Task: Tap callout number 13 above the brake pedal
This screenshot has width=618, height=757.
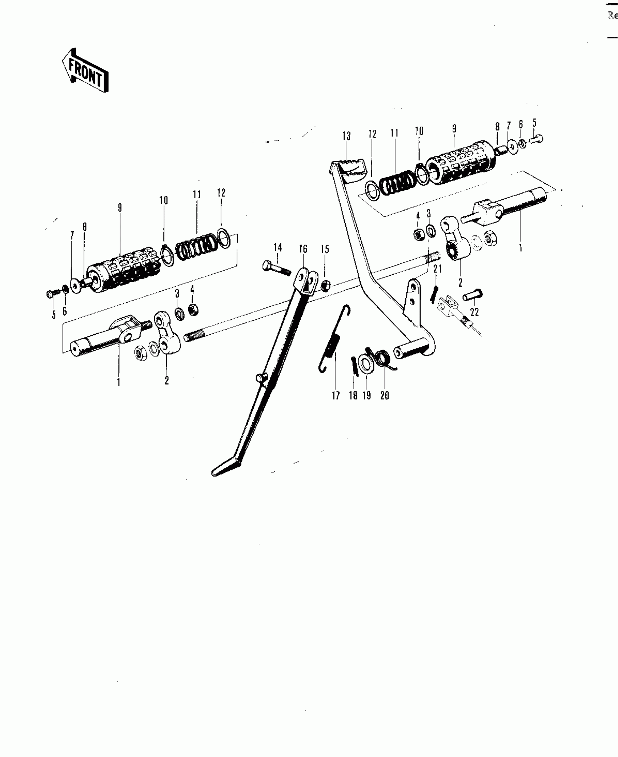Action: point(346,136)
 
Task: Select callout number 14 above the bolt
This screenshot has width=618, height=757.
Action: point(278,248)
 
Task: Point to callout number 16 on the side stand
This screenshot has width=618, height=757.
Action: point(303,249)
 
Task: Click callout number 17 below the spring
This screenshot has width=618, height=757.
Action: point(336,395)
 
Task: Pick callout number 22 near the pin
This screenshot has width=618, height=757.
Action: point(474,312)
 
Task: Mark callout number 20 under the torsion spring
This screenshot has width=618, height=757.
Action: point(385,395)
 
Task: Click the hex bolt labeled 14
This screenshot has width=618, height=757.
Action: point(276,269)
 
